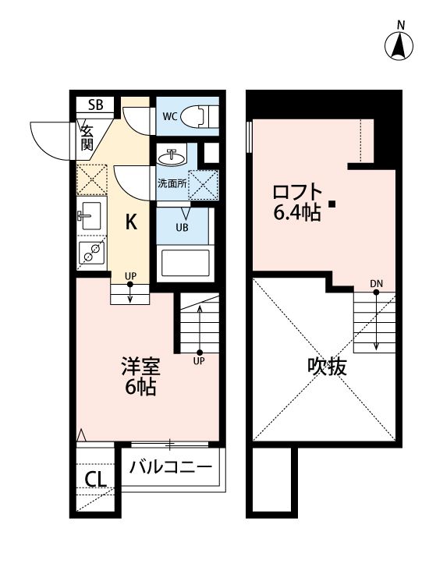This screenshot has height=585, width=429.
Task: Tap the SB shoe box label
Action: tap(96, 105)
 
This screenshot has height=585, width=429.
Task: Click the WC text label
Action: tap(170, 116)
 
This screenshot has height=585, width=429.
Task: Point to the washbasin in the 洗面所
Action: tap(172, 158)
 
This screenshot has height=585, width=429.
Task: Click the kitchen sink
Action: tap(90, 215)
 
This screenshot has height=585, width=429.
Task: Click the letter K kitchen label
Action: tap(131, 222)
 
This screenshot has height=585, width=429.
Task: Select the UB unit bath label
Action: tap(182, 227)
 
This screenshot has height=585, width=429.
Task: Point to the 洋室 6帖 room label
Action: tap(140, 376)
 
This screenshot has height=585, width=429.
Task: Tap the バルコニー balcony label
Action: tap(171, 466)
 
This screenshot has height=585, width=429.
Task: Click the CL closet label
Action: tap(96, 479)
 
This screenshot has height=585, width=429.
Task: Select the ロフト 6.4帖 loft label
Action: tap(297, 203)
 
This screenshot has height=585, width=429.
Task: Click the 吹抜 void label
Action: tap(327, 367)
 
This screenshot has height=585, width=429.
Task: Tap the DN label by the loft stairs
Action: tap(377, 284)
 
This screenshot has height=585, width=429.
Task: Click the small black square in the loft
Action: tap(331, 204)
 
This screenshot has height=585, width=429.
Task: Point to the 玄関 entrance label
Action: tap(87, 137)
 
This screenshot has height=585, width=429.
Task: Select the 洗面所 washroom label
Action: tap(172, 183)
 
